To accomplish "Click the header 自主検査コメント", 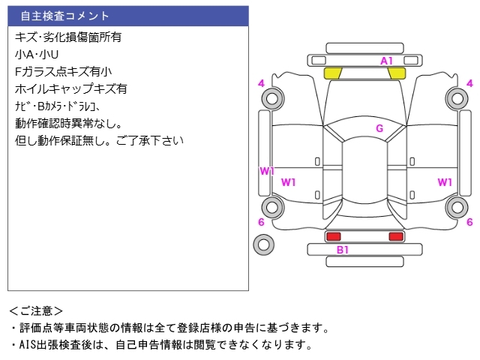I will coord(64,16).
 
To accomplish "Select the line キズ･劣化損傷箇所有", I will coord(68,36).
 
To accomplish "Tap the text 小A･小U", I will coord(37,54).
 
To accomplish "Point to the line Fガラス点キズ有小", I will coord(63,71).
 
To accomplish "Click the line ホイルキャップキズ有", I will coord(70,88).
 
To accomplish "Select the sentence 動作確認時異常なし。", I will coord(68,123).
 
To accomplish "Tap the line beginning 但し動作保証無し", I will coord(99,140).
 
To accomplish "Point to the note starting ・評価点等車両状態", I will coord(169,328).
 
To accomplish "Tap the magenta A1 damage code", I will coord(387,60).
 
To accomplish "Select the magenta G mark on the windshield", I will coord(379,128).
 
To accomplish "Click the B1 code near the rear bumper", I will coord(342,250).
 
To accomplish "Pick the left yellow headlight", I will coord(333,73).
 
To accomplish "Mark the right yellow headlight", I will coord(397,73).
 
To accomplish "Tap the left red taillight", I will coord(333,236).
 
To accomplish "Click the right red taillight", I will coord(396,236).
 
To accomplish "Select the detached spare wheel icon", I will coord(263,244).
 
